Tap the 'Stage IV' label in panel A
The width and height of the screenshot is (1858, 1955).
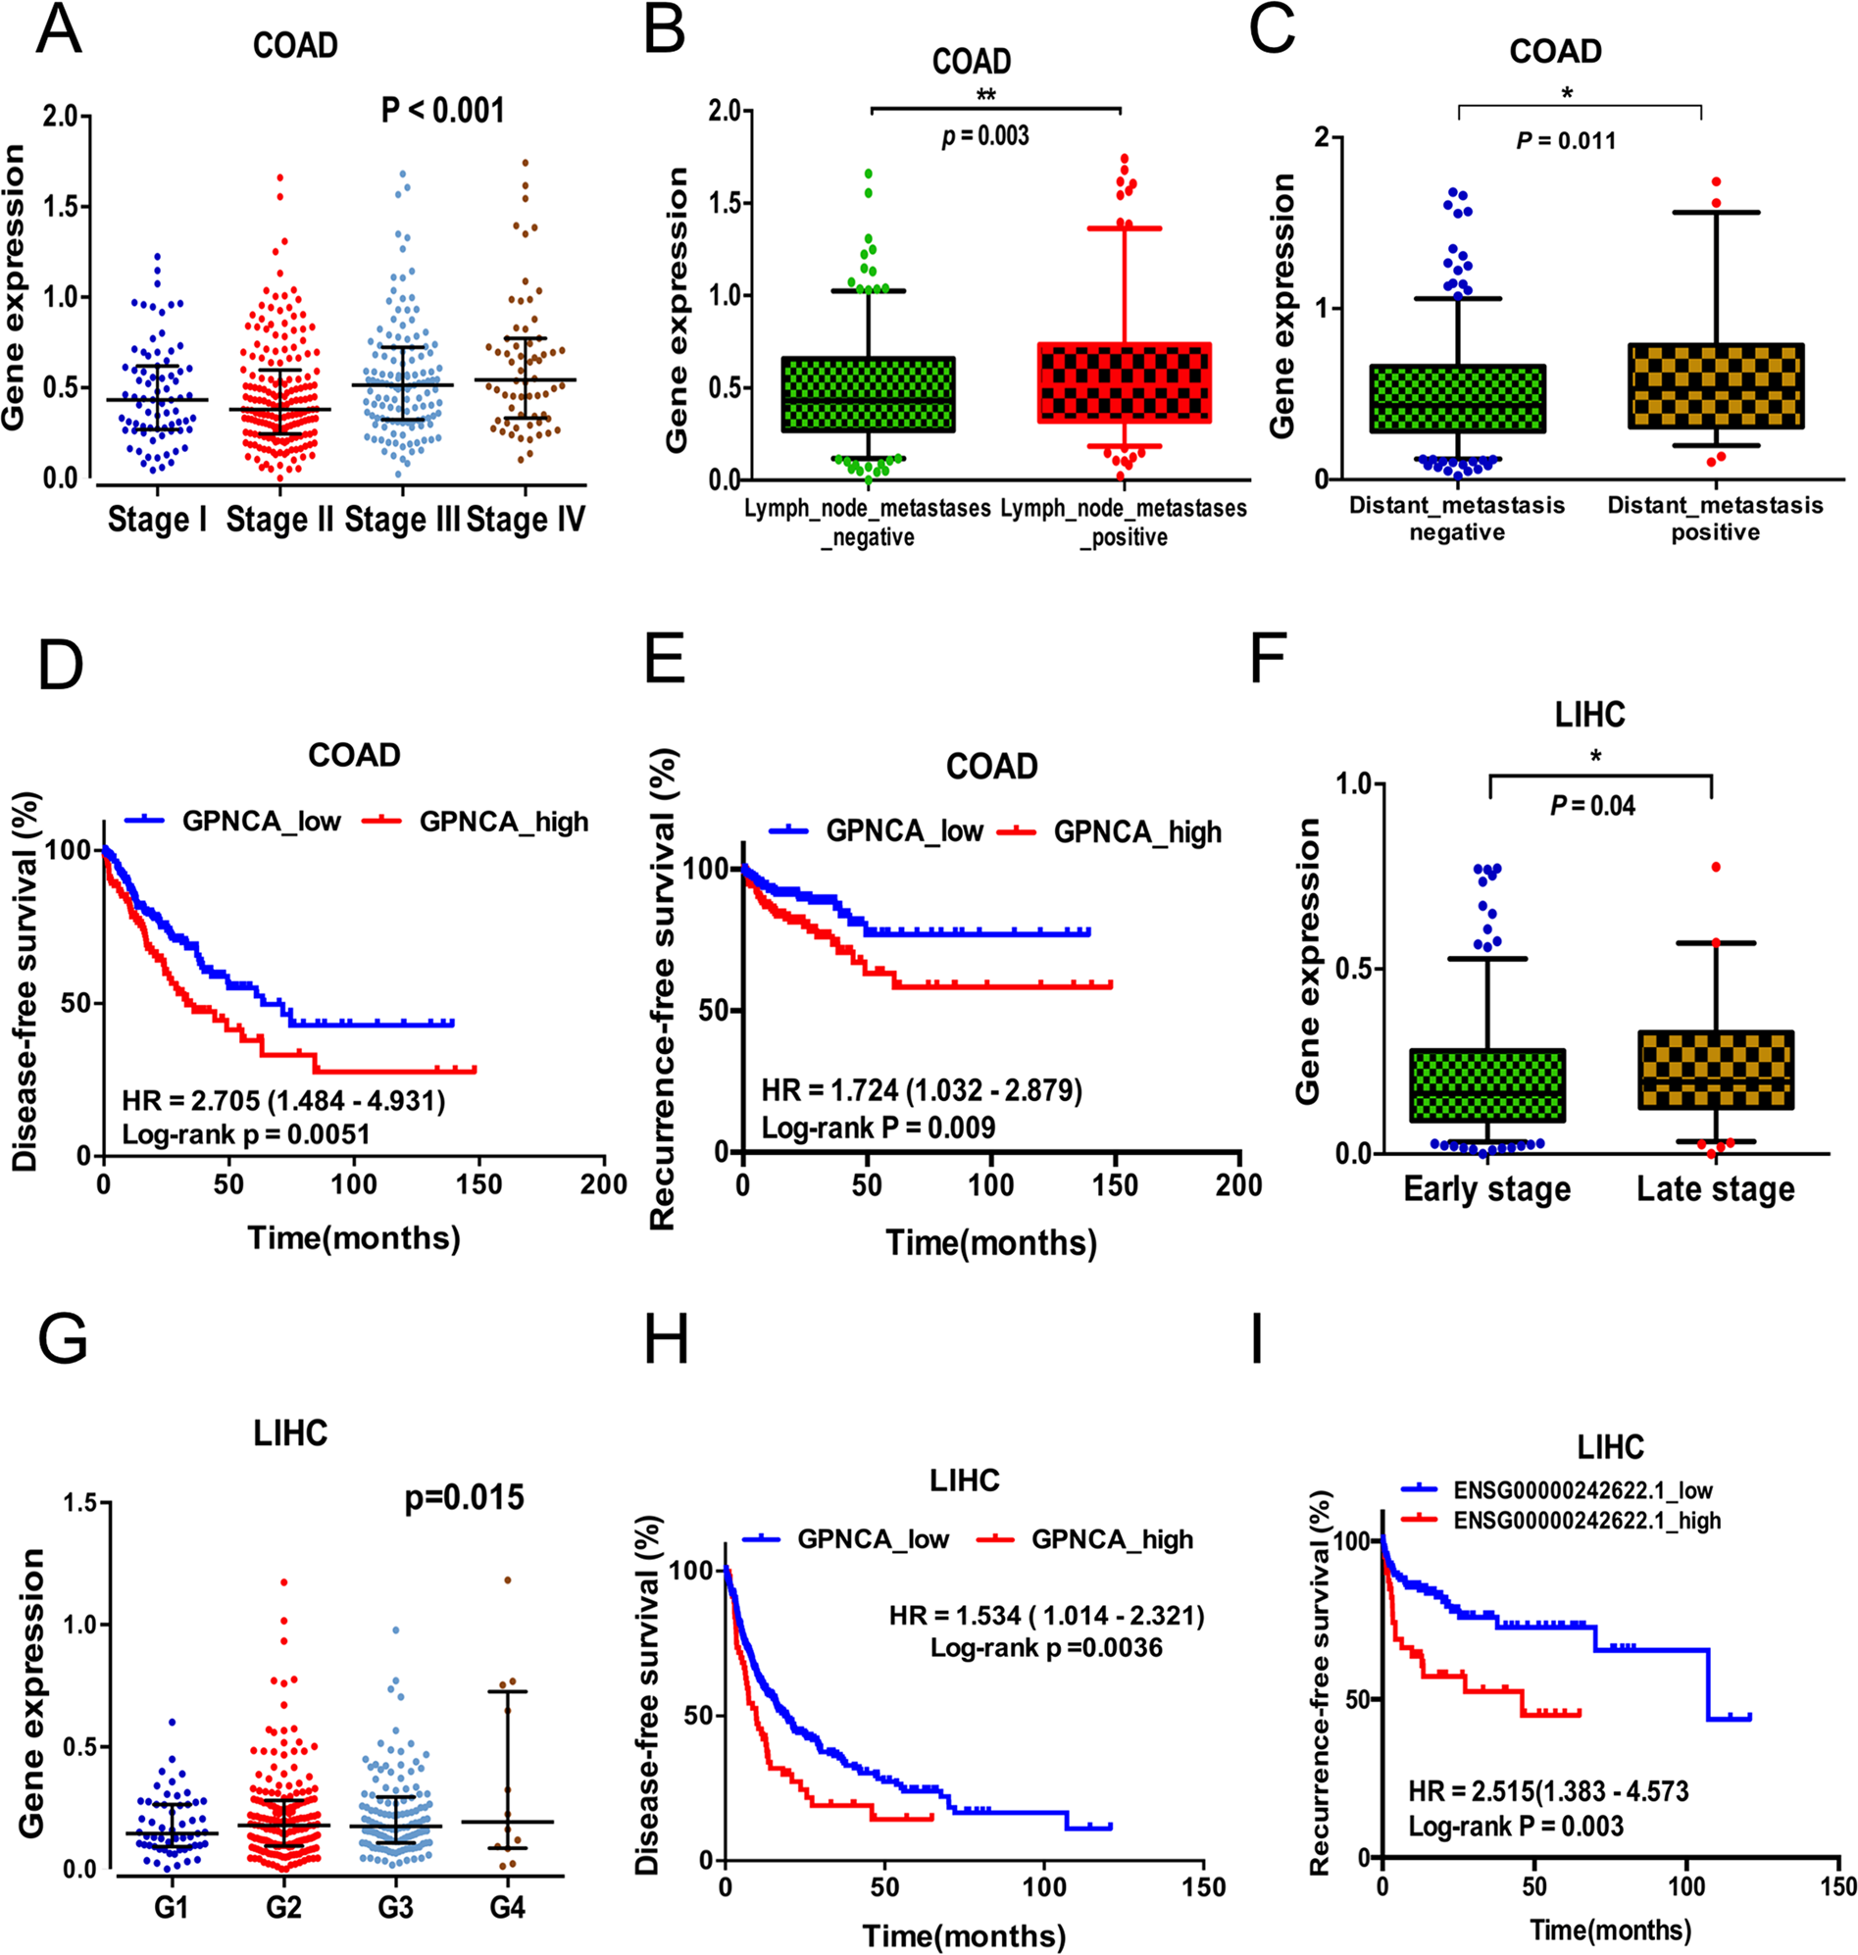(x=525, y=519)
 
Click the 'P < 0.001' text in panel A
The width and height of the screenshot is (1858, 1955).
(x=443, y=110)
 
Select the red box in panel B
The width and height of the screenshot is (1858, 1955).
(x=1124, y=383)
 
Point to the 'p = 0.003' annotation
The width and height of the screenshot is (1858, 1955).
(x=984, y=135)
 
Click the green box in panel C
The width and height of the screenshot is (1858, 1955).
(x=1457, y=398)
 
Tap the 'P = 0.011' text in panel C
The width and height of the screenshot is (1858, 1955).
(x=1566, y=140)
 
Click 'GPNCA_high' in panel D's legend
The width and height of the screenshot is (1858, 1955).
(x=503, y=822)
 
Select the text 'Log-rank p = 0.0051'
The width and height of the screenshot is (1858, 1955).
(x=246, y=1134)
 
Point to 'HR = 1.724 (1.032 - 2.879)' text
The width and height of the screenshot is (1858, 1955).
(x=921, y=1090)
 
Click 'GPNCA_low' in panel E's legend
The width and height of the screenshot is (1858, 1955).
(x=903, y=832)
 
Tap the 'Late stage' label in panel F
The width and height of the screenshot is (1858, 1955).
(x=1716, y=1189)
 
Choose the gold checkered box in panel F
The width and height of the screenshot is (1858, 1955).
(x=1716, y=1070)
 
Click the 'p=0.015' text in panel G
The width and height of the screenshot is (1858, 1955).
(x=465, y=1496)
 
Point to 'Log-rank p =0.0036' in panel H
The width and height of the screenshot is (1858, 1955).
(x=1046, y=1647)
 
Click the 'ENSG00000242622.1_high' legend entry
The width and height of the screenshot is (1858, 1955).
(x=1586, y=1521)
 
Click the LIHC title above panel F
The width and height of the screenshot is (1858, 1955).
(x=1589, y=715)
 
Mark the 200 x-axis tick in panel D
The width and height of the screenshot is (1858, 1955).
(x=603, y=1185)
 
